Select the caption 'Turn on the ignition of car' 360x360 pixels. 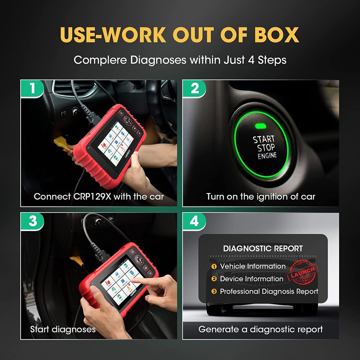click(x=261, y=197)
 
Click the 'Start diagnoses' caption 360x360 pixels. click(x=63, y=329)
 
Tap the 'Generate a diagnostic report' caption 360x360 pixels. click(x=261, y=329)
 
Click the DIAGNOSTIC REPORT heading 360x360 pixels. click(x=263, y=248)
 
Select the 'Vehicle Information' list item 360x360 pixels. click(x=252, y=266)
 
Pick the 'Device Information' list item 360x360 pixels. click(x=251, y=279)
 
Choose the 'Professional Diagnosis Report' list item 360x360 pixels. click(x=269, y=292)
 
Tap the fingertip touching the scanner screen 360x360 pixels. click(x=132, y=280)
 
